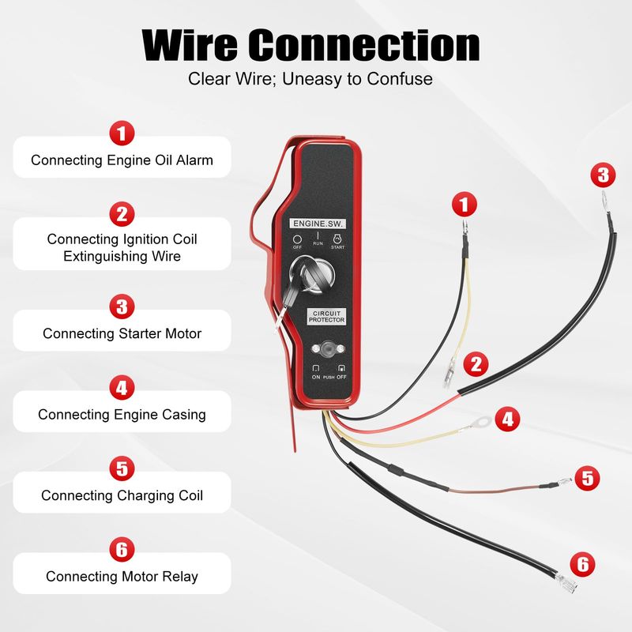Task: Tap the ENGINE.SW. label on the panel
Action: pyautogui.click(x=318, y=224)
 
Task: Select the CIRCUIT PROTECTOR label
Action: pyautogui.click(x=326, y=317)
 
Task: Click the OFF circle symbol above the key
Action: pyautogui.click(x=297, y=239)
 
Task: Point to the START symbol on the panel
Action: pyautogui.click(x=337, y=242)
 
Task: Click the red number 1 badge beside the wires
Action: pyautogui.click(x=465, y=204)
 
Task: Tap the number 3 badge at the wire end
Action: pyautogui.click(x=603, y=175)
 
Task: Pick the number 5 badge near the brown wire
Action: pyautogui.click(x=587, y=478)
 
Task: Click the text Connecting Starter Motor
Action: pyautogui.click(x=122, y=333)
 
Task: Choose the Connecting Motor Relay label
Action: pyautogui.click(x=122, y=577)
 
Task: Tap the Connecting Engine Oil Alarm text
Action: pyautogui.click(x=122, y=160)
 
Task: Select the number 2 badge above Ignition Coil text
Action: pyautogui.click(x=122, y=214)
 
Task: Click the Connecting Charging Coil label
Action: pyautogui.click(x=122, y=495)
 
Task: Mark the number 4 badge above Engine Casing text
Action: pyautogui.click(x=122, y=387)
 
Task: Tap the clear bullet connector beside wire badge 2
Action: pyautogui.click(x=449, y=374)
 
